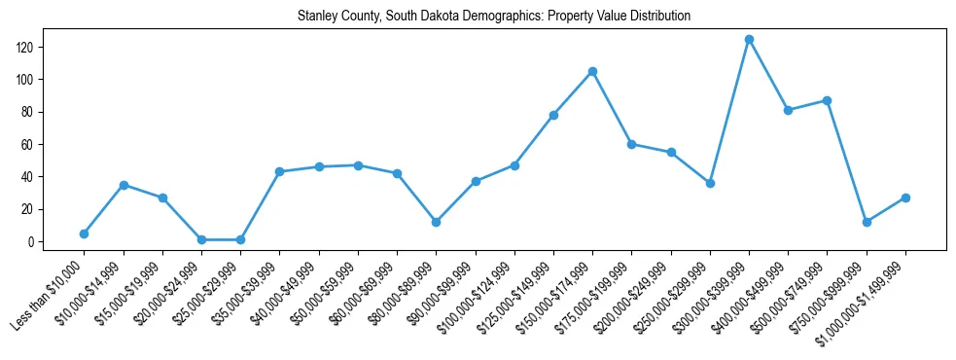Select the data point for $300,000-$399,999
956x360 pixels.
pos(749,39)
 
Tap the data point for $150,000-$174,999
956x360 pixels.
pos(592,71)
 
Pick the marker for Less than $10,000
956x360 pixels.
pos(84,234)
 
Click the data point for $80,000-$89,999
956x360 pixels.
pos(436,222)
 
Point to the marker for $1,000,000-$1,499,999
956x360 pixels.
pos(905,198)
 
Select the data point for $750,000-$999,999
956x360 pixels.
pos(867,222)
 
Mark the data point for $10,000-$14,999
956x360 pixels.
pos(124,185)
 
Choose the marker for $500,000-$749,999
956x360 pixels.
pos(827,100)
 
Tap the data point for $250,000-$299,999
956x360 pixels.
pos(710,183)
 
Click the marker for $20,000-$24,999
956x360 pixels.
pos(201,239)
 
